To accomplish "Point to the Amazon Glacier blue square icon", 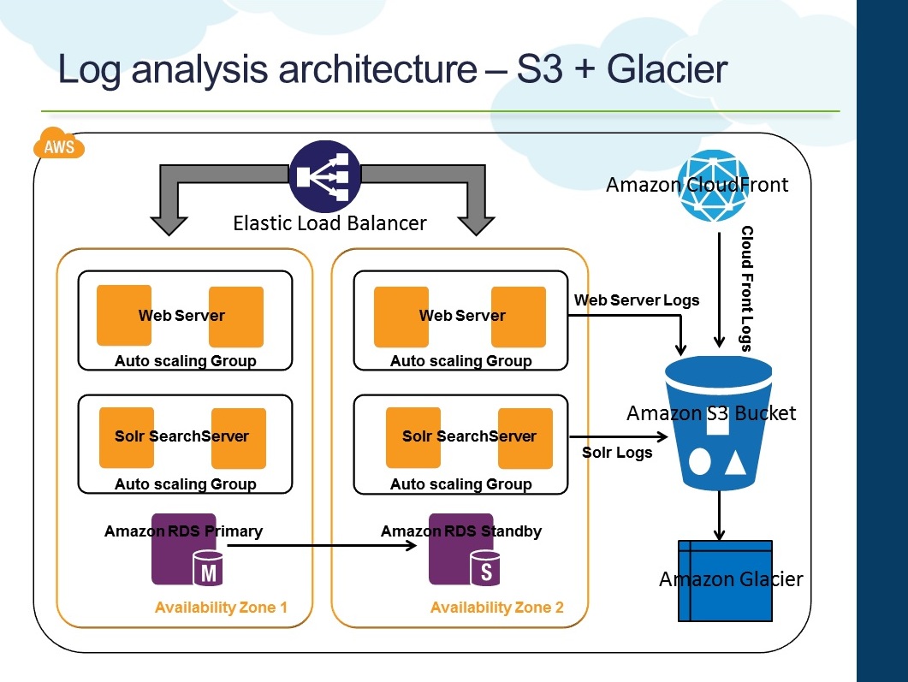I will (x=724, y=580).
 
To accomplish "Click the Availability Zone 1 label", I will (x=221, y=608).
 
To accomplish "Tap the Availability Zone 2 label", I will (x=496, y=608).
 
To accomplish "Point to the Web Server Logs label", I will (x=636, y=300).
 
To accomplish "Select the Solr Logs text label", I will (x=617, y=453).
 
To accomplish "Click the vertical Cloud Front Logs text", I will (x=746, y=288).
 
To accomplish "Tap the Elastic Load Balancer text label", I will (x=329, y=224).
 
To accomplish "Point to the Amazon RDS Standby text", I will (x=461, y=531).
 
